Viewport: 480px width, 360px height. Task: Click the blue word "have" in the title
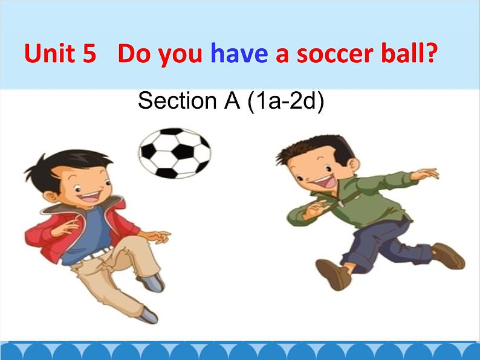click(x=239, y=53)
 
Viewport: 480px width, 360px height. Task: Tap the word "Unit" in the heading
click(x=50, y=53)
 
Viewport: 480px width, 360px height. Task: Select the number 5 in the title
click(x=89, y=54)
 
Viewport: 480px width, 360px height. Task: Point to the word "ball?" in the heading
click(x=408, y=53)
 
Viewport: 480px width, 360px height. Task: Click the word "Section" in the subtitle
click(x=177, y=100)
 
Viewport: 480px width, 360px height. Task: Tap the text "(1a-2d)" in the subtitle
click(x=285, y=101)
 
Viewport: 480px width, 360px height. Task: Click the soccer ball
click(x=175, y=153)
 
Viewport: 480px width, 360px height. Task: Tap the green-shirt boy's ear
click(x=353, y=164)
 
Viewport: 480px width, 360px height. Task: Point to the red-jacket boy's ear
click(x=50, y=197)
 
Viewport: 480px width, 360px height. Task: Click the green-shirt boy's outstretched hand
click(x=425, y=174)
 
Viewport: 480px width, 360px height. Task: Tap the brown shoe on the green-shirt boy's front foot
click(x=334, y=274)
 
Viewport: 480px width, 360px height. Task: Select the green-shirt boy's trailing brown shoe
click(x=449, y=256)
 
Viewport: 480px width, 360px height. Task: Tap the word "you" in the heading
click(x=180, y=56)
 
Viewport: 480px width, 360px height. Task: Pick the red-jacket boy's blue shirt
click(x=92, y=234)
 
